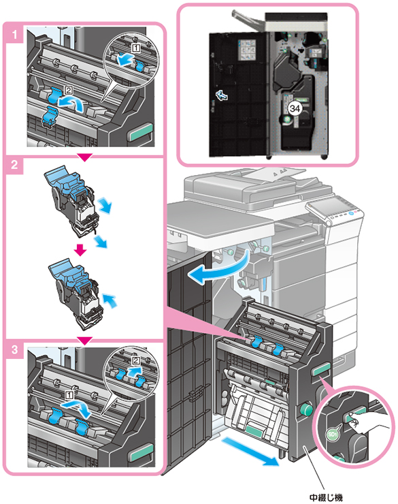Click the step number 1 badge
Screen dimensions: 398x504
point(14,34)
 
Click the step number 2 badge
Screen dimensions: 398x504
point(14,165)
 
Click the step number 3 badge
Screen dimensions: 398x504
point(14,349)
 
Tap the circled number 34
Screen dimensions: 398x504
point(295,109)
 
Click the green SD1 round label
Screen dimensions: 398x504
point(333,435)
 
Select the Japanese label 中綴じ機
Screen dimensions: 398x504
point(326,498)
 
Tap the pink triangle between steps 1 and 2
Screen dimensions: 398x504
point(85,157)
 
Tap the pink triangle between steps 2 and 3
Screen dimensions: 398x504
point(85,341)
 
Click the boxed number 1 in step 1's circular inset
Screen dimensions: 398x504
point(136,48)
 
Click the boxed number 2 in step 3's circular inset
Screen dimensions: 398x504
point(136,361)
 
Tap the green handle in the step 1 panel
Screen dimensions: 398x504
point(140,132)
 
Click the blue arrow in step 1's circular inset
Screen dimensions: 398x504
point(125,59)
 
